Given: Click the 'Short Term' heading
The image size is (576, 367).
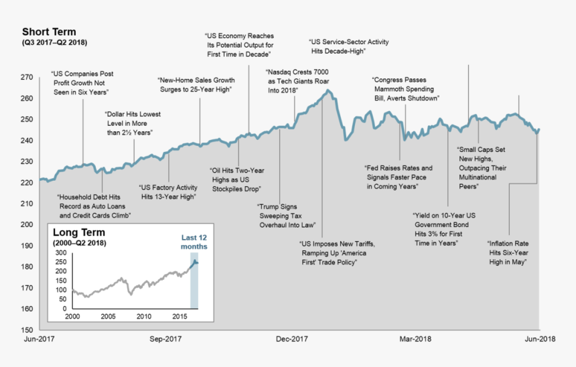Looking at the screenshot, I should [x=49, y=32].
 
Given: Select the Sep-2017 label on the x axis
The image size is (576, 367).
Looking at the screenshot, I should [x=165, y=339].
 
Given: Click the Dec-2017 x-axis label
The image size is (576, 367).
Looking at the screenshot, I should [x=291, y=339].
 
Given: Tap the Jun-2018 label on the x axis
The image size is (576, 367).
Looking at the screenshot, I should [x=539, y=339].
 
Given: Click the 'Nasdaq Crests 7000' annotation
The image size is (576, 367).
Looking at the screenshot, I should [x=297, y=80].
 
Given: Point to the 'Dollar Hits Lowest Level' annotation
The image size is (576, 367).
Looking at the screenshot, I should [x=133, y=123].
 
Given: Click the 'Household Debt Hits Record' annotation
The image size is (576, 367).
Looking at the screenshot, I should [x=93, y=206].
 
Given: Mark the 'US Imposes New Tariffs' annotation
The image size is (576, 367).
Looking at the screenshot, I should [x=336, y=252].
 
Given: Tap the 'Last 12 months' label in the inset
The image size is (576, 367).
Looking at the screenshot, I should [x=194, y=242].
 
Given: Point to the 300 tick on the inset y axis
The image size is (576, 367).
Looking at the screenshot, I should [x=60, y=252].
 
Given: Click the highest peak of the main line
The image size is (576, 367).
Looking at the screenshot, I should [x=328, y=90].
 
